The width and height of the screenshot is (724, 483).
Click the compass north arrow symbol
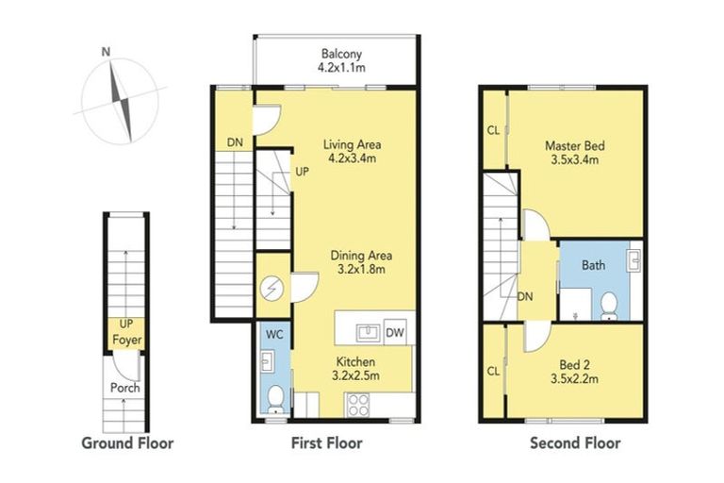[x=120, y=93]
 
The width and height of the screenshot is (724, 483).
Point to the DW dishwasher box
[x=397, y=333]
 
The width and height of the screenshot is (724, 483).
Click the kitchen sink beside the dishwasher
[x=368, y=332]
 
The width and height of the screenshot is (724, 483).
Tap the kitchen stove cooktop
[x=359, y=405]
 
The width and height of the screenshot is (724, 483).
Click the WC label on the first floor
[x=273, y=333]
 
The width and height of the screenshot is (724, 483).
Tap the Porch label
[x=124, y=388]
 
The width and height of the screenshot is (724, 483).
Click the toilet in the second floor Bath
[x=610, y=304]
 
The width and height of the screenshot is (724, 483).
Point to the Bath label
[x=593, y=265]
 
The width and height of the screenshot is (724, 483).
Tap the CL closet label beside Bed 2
[x=493, y=371]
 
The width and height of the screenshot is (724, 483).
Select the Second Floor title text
[x=574, y=442]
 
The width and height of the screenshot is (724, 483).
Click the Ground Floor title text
[x=127, y=442]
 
